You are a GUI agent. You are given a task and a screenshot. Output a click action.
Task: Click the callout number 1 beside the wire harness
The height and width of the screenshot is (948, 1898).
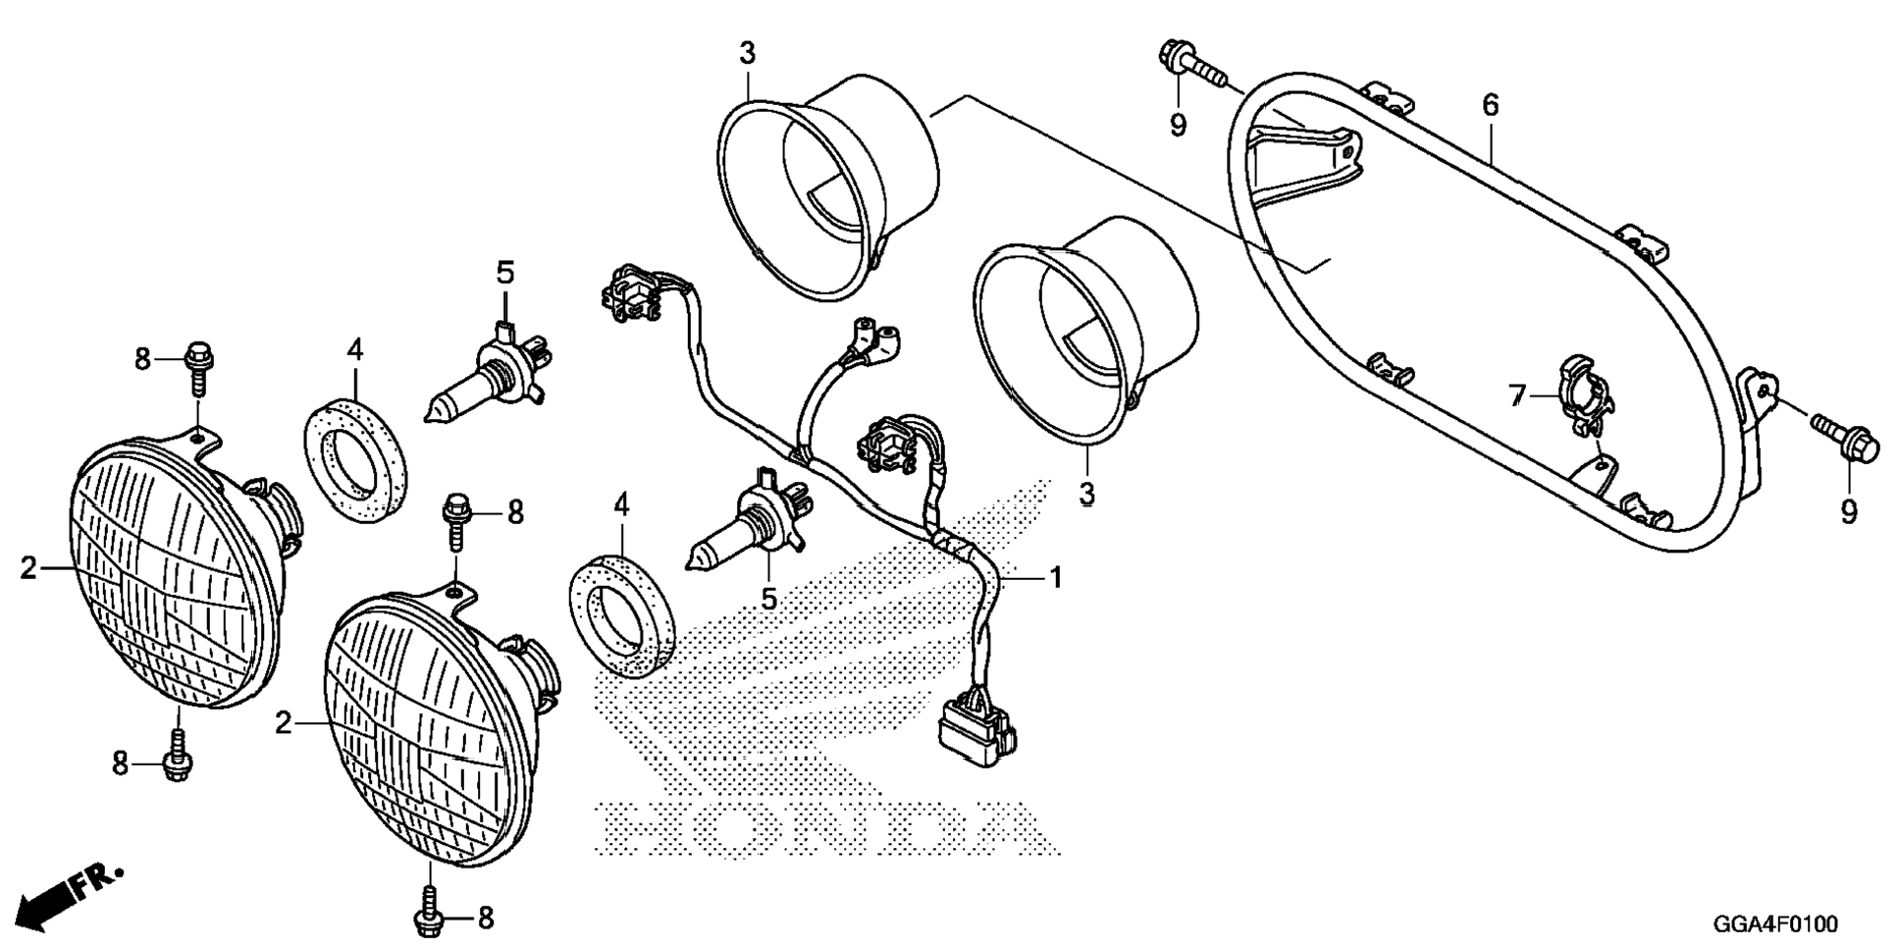(x=1056, y=578)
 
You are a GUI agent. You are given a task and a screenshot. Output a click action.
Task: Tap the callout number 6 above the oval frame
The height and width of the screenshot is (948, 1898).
(x=1491, y=105)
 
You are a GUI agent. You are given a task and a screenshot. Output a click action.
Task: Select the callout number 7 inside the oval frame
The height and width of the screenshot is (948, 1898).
(x=1518, y=395)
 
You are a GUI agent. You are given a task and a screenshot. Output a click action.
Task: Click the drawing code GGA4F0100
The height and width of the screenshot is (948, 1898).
(x=1775, y=924)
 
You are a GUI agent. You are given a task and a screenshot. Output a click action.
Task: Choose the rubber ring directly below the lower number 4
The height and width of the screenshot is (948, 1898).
(x=623, y=615)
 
